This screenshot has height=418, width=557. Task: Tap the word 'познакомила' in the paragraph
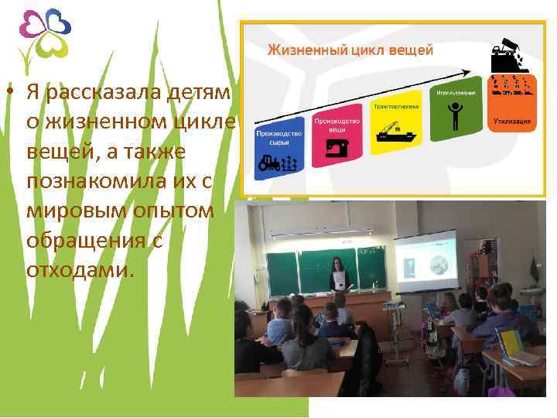point(106,180)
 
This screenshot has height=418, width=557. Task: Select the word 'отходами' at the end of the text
point(80,270)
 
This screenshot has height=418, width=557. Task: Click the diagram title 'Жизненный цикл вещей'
point(350,50)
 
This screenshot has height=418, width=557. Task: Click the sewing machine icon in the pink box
point(335,146)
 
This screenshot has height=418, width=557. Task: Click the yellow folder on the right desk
point(510,342)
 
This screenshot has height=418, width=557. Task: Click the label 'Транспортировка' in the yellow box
point(392,106)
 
